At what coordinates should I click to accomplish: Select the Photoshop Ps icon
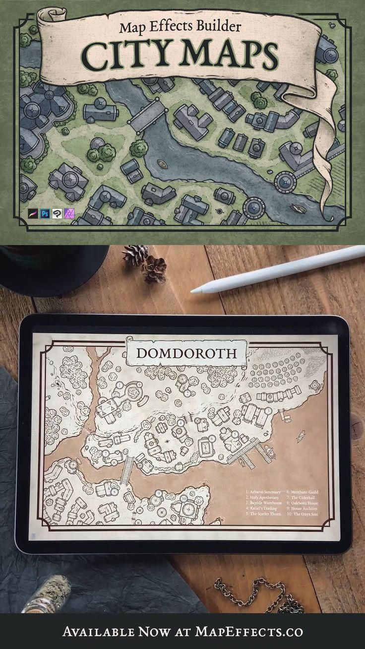tap(44, 214)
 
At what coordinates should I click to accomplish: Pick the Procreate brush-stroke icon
tap(33, 214)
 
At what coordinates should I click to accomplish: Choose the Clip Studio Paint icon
tap(56, 214)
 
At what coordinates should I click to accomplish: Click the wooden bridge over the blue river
tap(144, 113)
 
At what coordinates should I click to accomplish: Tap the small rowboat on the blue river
tap(161, 165)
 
